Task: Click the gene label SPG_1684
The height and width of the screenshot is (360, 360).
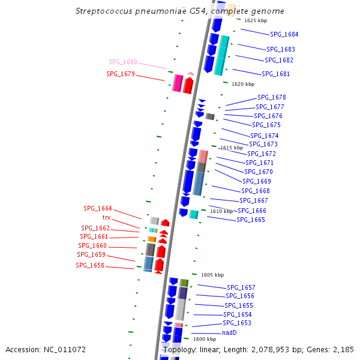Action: (284, 34)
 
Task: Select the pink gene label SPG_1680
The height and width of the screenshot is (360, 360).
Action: (122, 62)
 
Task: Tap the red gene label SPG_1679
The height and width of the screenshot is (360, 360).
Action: (120, 74)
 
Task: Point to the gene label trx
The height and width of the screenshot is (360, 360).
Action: (106, 217)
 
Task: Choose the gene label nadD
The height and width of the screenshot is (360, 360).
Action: (229, 332)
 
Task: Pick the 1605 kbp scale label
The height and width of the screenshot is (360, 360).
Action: (212, 275)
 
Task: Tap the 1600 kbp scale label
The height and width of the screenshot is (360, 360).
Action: (204, 339)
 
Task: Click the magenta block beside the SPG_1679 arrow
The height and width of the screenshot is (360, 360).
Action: (177, 83)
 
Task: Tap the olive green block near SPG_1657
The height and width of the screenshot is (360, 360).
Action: (184, 283)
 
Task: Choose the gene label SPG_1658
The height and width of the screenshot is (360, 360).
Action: (89, 265)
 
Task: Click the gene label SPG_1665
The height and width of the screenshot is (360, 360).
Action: (250, 220)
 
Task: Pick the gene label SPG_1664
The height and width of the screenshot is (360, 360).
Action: (97, 208)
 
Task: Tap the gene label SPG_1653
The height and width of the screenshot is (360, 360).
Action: (237, 323)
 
